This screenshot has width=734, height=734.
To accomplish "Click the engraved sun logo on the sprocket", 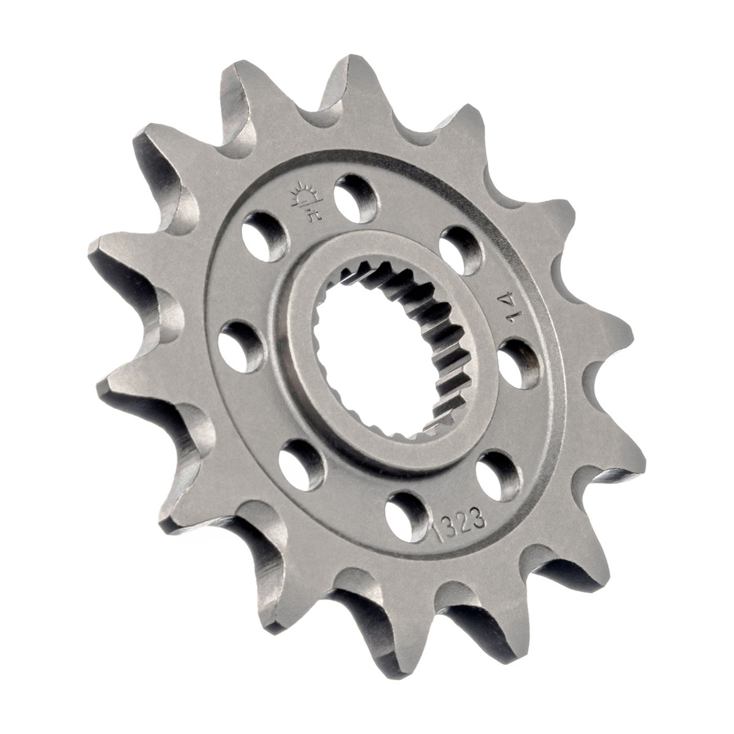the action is (x=307, y=201).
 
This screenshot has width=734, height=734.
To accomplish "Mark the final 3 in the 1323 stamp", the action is (x=479, y=519).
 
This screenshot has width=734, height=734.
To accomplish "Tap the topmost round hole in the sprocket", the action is (x=357, y=198).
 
